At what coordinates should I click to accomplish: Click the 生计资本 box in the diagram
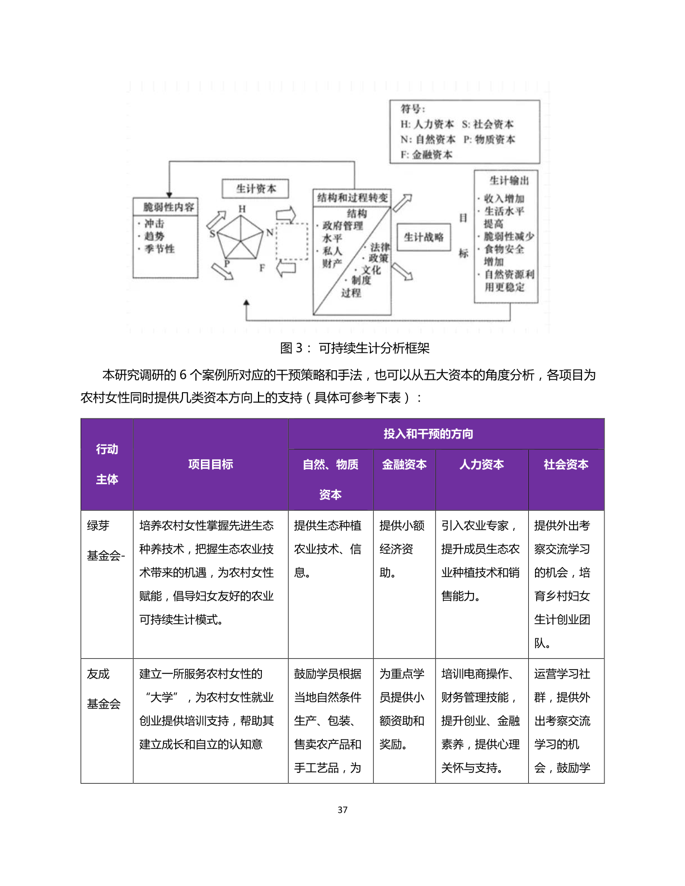(255, 188)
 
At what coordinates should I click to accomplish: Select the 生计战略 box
(423, 237)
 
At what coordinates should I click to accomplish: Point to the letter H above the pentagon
(242, 209)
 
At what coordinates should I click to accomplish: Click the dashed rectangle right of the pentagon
(292, 241)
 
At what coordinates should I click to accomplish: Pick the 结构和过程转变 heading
(352, 197)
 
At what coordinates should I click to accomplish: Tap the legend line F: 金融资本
(426, 154)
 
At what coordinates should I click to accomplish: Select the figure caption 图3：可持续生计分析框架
(355, 348)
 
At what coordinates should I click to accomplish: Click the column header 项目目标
(210, 464)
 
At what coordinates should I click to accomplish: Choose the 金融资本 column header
(404, 464)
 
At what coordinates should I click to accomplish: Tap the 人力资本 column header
(481, 464)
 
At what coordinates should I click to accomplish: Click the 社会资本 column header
(566, 464)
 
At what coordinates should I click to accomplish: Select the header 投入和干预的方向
(428, 434)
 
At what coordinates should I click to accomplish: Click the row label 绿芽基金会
(105, 540)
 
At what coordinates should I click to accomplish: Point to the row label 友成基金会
(104, 689)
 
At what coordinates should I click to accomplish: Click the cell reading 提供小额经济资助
(402, 549)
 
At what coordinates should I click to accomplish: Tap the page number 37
(342, 809)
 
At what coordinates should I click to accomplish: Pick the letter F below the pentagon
(262, 268)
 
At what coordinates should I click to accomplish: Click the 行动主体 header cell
(107, 464)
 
